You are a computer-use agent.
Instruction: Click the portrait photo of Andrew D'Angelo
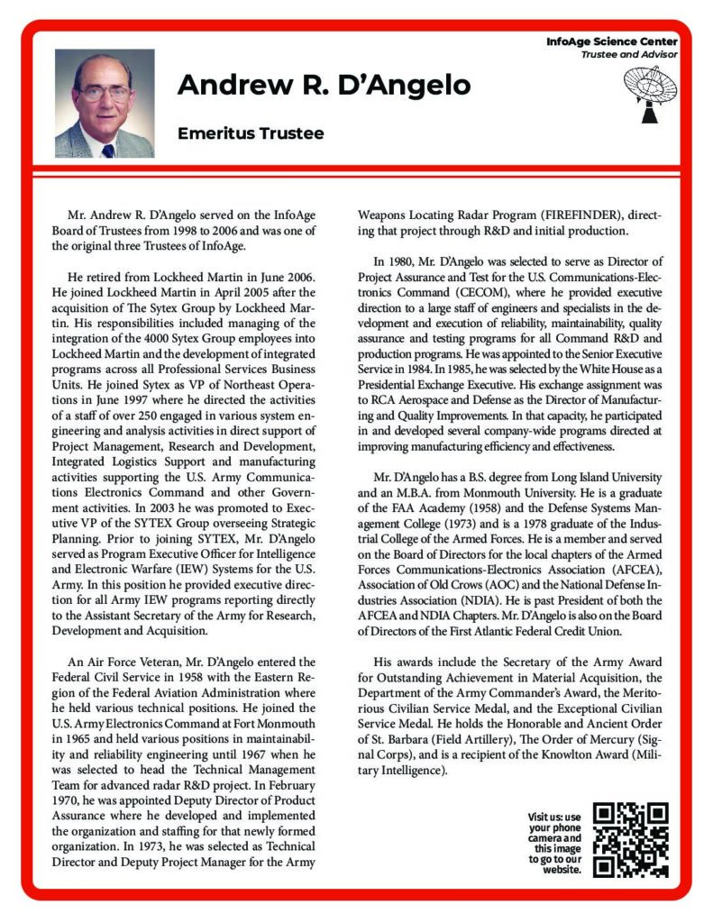(104, 104)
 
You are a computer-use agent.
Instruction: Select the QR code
(632, 839)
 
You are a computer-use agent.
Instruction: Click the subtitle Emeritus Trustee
(251, 133)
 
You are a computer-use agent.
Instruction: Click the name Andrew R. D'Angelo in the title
(324, 86)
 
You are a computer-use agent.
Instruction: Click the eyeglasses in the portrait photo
(105, 91)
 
